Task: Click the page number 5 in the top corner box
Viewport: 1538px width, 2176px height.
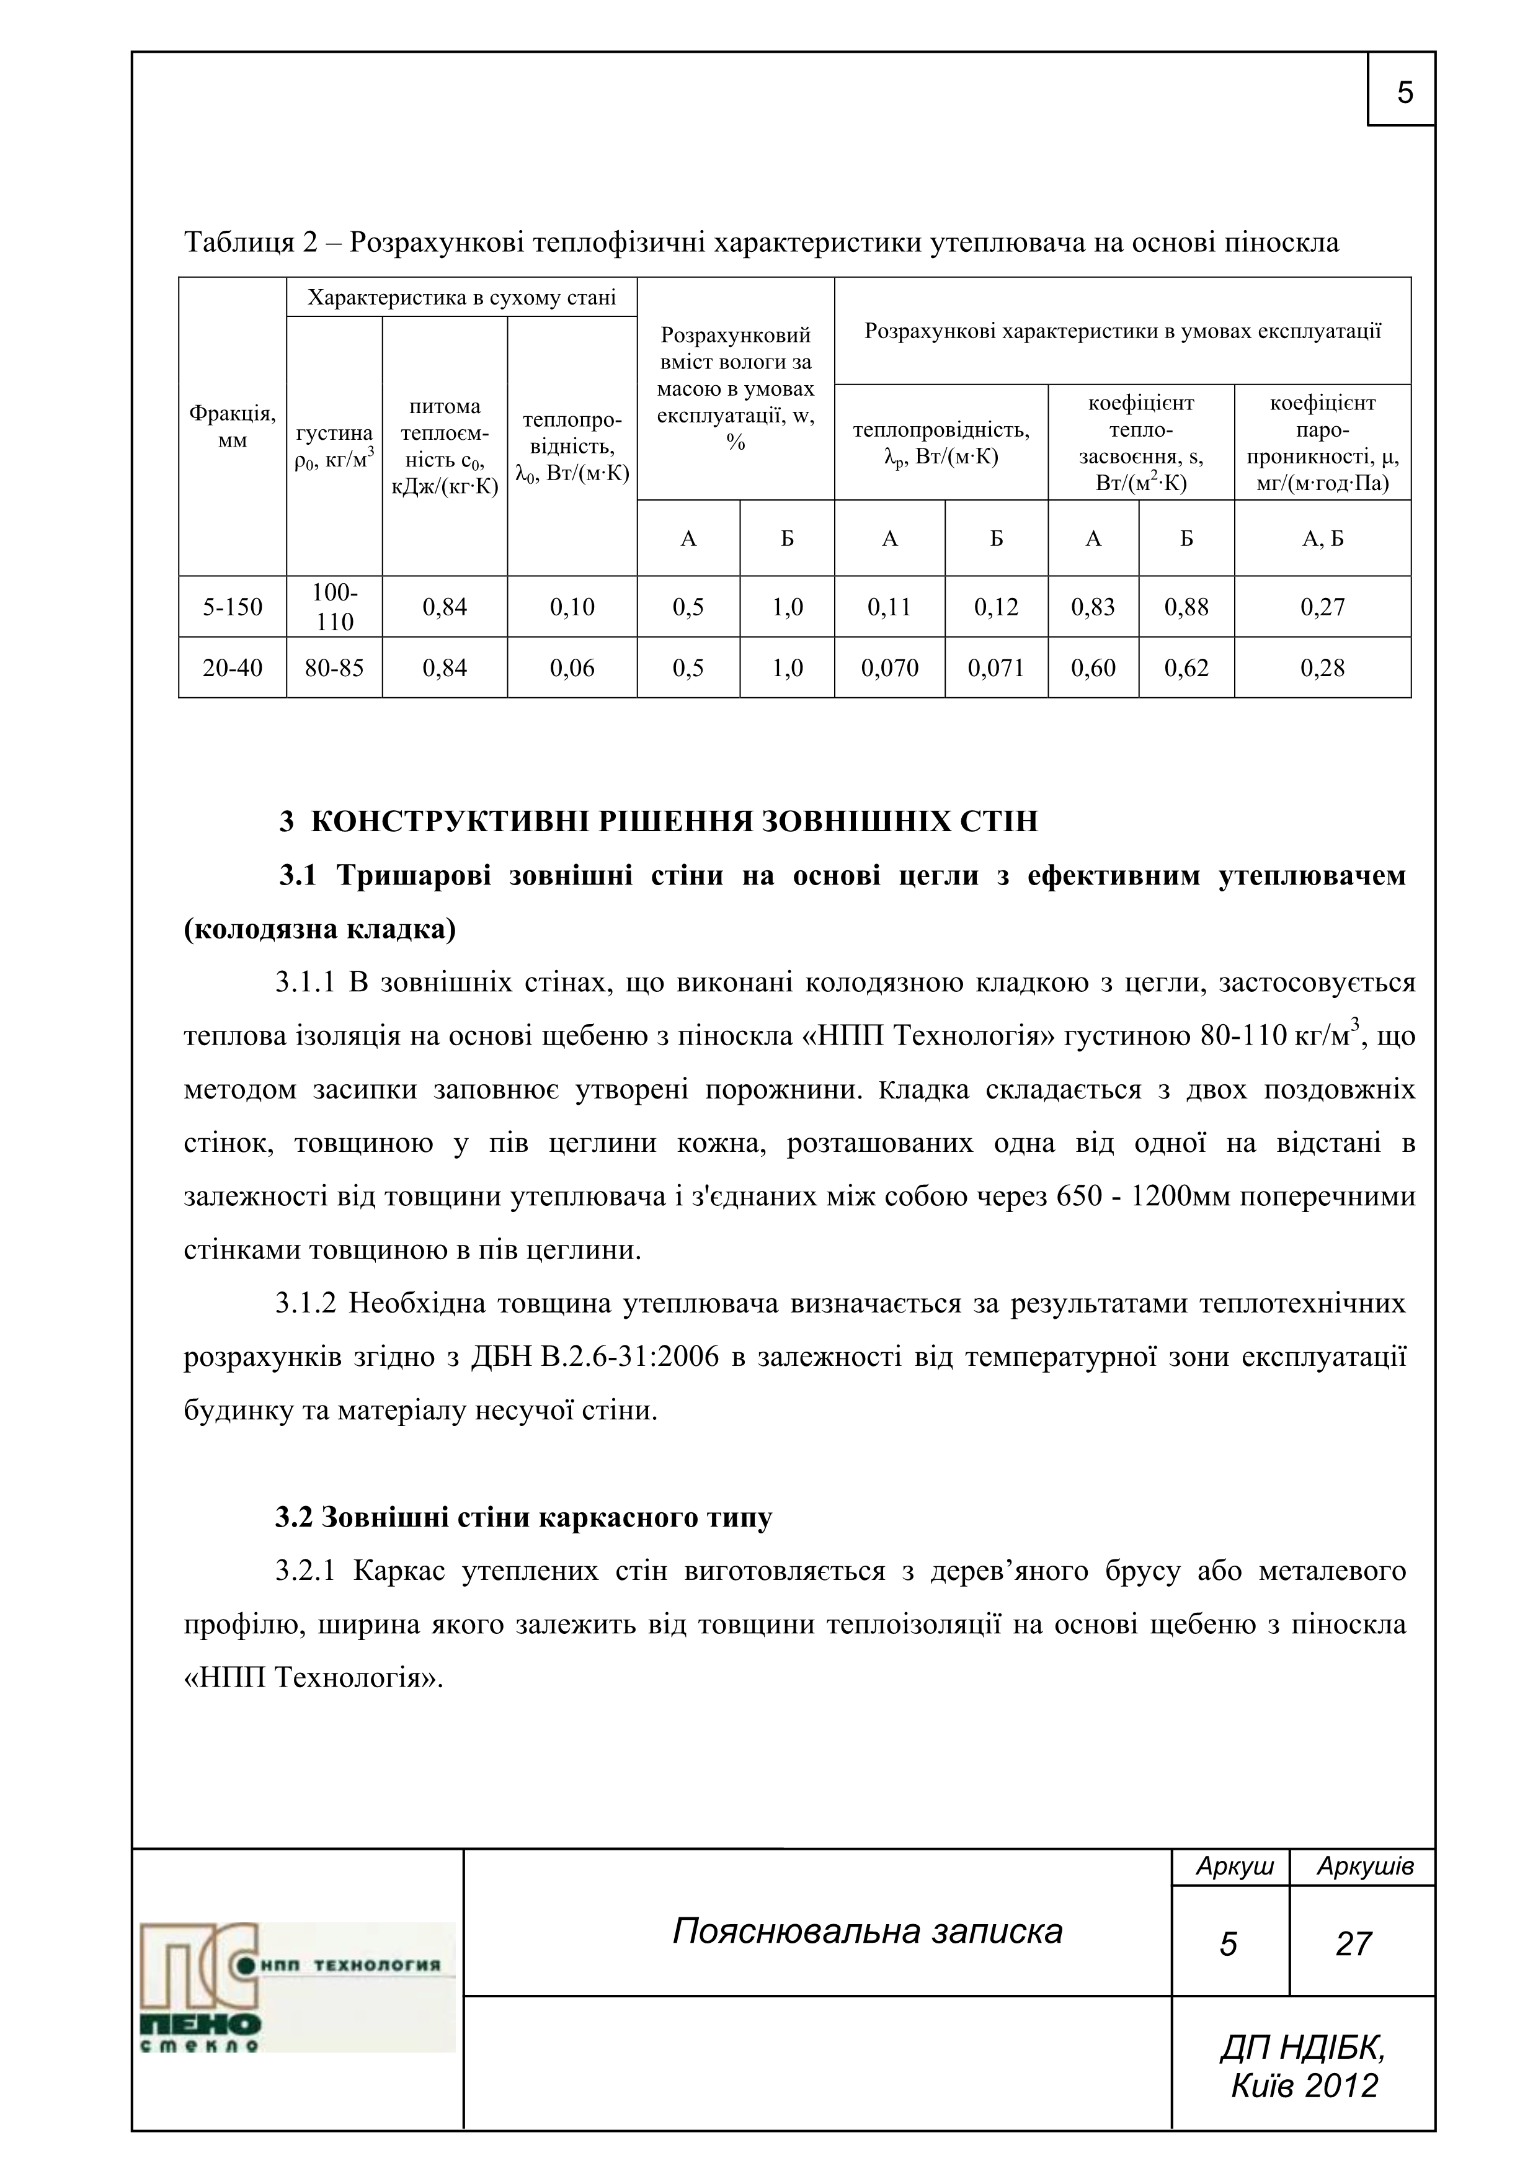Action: click(1405, 93)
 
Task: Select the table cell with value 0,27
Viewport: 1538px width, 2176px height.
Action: click(1322, 607)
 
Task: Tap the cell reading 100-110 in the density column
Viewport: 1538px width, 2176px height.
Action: click(334, 607)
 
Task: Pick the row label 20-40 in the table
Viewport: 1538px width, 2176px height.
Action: click(232, 668)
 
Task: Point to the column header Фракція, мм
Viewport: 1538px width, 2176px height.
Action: click(232, 427)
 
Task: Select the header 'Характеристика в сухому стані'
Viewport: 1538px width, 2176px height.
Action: click(461, 298)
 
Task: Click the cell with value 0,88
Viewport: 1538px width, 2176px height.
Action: click(1186, 607)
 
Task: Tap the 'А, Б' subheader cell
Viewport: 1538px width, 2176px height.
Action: click(1322, 539)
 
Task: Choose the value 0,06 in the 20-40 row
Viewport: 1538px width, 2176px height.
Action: click(572, 668)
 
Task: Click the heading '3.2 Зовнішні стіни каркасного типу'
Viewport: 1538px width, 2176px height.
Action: click(523, 1517)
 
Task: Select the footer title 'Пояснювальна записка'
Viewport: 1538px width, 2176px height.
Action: click(867, 1930)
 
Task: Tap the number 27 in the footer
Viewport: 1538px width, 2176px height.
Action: click(1353, 1944)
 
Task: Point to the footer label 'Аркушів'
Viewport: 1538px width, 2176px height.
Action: click(1364, 1866)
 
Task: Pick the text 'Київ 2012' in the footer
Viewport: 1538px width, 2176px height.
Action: click(1304, 2085)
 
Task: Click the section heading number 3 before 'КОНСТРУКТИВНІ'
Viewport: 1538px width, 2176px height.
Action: click(286, 821)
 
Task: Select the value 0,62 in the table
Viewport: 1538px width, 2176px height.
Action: click(1186, 668)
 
